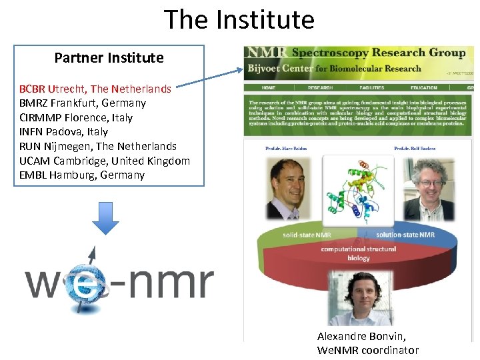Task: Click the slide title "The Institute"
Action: [239, 19]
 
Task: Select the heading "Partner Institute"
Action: [109, 58]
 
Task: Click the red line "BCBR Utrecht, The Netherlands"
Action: [95, 89]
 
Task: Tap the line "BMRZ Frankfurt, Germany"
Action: [83, 103]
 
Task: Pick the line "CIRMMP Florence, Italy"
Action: [76, 118]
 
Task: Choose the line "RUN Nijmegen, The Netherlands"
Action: [98, 147]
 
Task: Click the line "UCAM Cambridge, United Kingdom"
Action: [105, 161]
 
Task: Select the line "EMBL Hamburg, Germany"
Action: [82, 175]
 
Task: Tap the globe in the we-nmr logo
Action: [81, 280]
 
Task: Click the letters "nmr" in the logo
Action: [170, 283]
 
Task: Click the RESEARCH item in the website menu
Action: [320, 88]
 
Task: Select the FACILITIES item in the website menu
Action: [371, 88]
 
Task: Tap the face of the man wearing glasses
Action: [427, 180]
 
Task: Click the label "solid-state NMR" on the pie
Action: [307, 235]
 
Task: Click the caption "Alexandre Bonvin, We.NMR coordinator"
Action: [368, 343]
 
